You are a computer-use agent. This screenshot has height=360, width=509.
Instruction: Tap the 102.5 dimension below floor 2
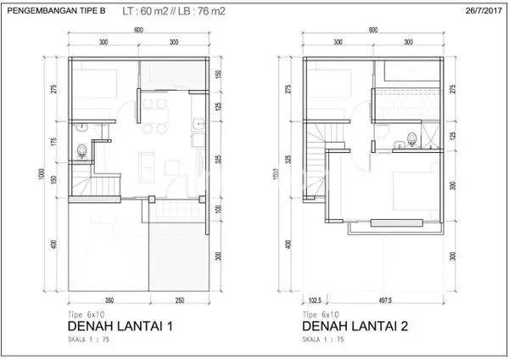pyautogui.click(x=315, y=300)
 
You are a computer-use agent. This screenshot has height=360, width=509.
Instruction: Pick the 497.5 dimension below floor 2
pyautogui.click(x=387, y=300)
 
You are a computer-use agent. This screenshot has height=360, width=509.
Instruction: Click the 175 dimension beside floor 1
pyautogui.click(x=53, y=140)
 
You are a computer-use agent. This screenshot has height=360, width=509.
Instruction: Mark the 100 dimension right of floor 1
pyautogui.click(x=218, y=208)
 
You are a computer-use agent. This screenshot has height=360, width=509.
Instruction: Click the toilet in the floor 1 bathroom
pyautogui.click(x=81, y=150)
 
